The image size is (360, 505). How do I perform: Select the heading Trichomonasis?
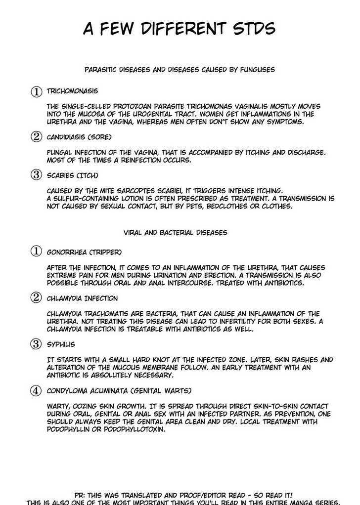coord(72,91)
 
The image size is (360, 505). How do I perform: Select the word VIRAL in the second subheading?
coord(134,232)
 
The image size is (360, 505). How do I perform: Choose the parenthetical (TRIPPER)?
coord(102,252)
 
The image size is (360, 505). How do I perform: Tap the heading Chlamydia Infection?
coord(82,298)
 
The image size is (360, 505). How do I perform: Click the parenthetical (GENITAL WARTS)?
coord(158,391)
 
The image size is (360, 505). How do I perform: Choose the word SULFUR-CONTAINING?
coord(90,199)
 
